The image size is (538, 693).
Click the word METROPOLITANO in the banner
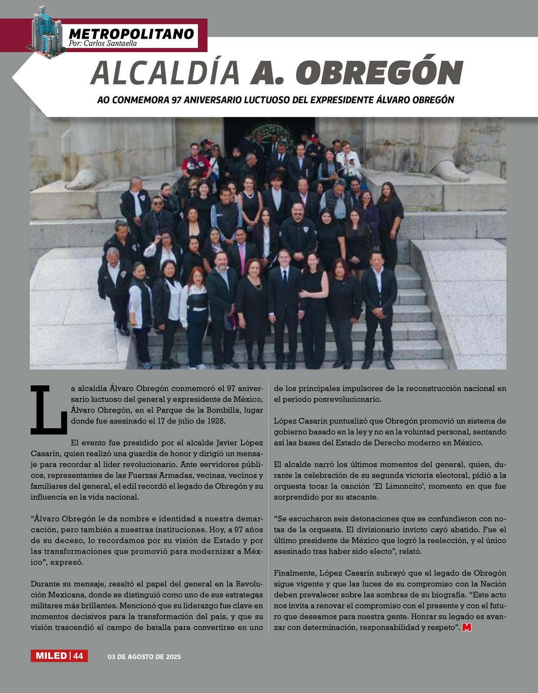(131, 33)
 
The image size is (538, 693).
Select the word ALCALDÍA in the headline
(165, 73)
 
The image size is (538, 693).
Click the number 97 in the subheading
(175, 100)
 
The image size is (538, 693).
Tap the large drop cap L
(49, 410)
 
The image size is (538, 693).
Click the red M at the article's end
(467, 627)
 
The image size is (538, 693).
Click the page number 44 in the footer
(79, 656)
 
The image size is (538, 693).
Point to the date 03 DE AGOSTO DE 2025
(144, 657)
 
